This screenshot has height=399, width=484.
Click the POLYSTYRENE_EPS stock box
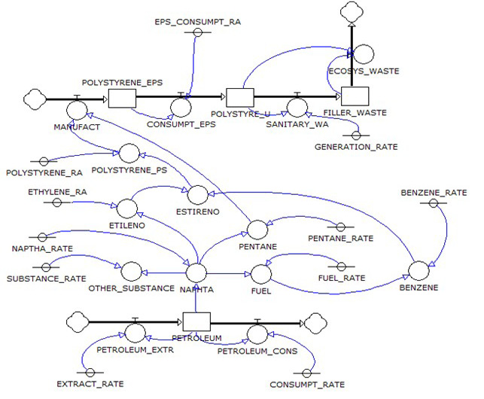click(121, 98)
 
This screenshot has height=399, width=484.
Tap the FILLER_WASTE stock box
click(353, 98)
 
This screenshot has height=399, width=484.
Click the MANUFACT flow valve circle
click(77, 109)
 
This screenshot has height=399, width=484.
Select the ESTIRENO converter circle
click(196, 194)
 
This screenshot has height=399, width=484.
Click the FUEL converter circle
click(260, 273)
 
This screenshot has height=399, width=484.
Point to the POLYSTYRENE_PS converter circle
click(129, 154)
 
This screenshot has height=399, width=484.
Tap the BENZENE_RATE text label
click(428, 192)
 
